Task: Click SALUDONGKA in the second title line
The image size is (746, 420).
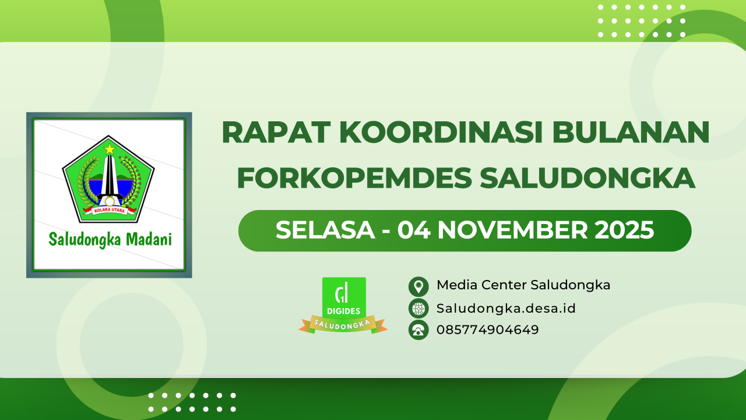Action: pos(587,177)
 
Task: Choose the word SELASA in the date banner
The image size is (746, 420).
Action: pos(325,230)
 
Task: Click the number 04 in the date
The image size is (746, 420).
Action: pos(414,230)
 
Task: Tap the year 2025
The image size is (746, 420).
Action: pos(624,230)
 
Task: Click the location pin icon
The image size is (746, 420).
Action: pos(418,286)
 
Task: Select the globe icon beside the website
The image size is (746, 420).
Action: pos(418,308)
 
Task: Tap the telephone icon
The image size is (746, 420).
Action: pos(418,330)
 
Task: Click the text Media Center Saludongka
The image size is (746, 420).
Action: pos(523,285)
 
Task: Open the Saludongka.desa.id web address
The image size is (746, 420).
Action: pos(506,308)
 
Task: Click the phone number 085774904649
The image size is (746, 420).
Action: pos(488,330)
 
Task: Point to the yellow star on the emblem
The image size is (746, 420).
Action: pos(109,149)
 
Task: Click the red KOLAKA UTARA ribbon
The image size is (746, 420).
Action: pos(109,210)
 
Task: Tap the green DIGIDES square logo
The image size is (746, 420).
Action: pos(344,297)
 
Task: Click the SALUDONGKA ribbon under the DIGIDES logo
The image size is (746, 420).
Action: pos(343,324)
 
